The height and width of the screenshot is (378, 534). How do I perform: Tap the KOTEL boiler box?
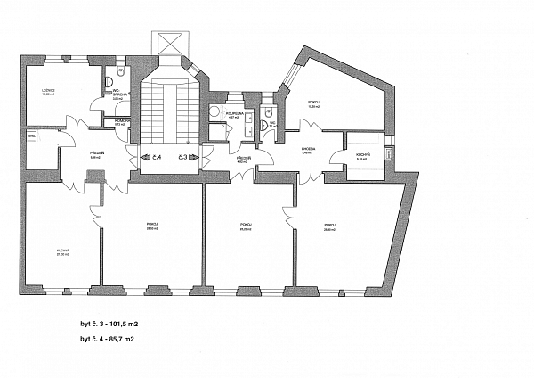(31, 136)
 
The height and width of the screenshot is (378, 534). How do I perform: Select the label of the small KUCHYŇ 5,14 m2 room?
(362, 157)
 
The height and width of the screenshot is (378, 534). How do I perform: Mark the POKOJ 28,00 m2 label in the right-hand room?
(330, 226)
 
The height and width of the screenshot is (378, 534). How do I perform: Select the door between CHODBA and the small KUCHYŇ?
(336, 159)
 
